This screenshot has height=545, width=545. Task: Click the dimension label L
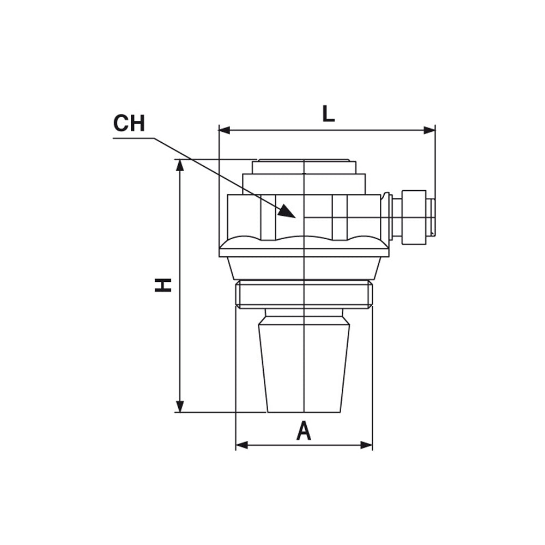click(x=329, y=114)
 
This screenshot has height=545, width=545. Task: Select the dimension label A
click(x=304, y=431)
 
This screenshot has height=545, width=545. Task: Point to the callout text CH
click(x=129, y=123)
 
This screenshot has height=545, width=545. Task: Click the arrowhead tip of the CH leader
click(x=295, y=217)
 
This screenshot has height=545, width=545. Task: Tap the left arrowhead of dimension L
click(x=224, y=130)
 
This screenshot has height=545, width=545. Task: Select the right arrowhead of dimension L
click(x=429, y=130)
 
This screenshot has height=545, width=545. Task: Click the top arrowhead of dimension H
click(x=180, y=166)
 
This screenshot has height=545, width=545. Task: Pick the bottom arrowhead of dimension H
click(x=180, y=407)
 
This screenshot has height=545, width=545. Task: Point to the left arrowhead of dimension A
click(x=241, y=445)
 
